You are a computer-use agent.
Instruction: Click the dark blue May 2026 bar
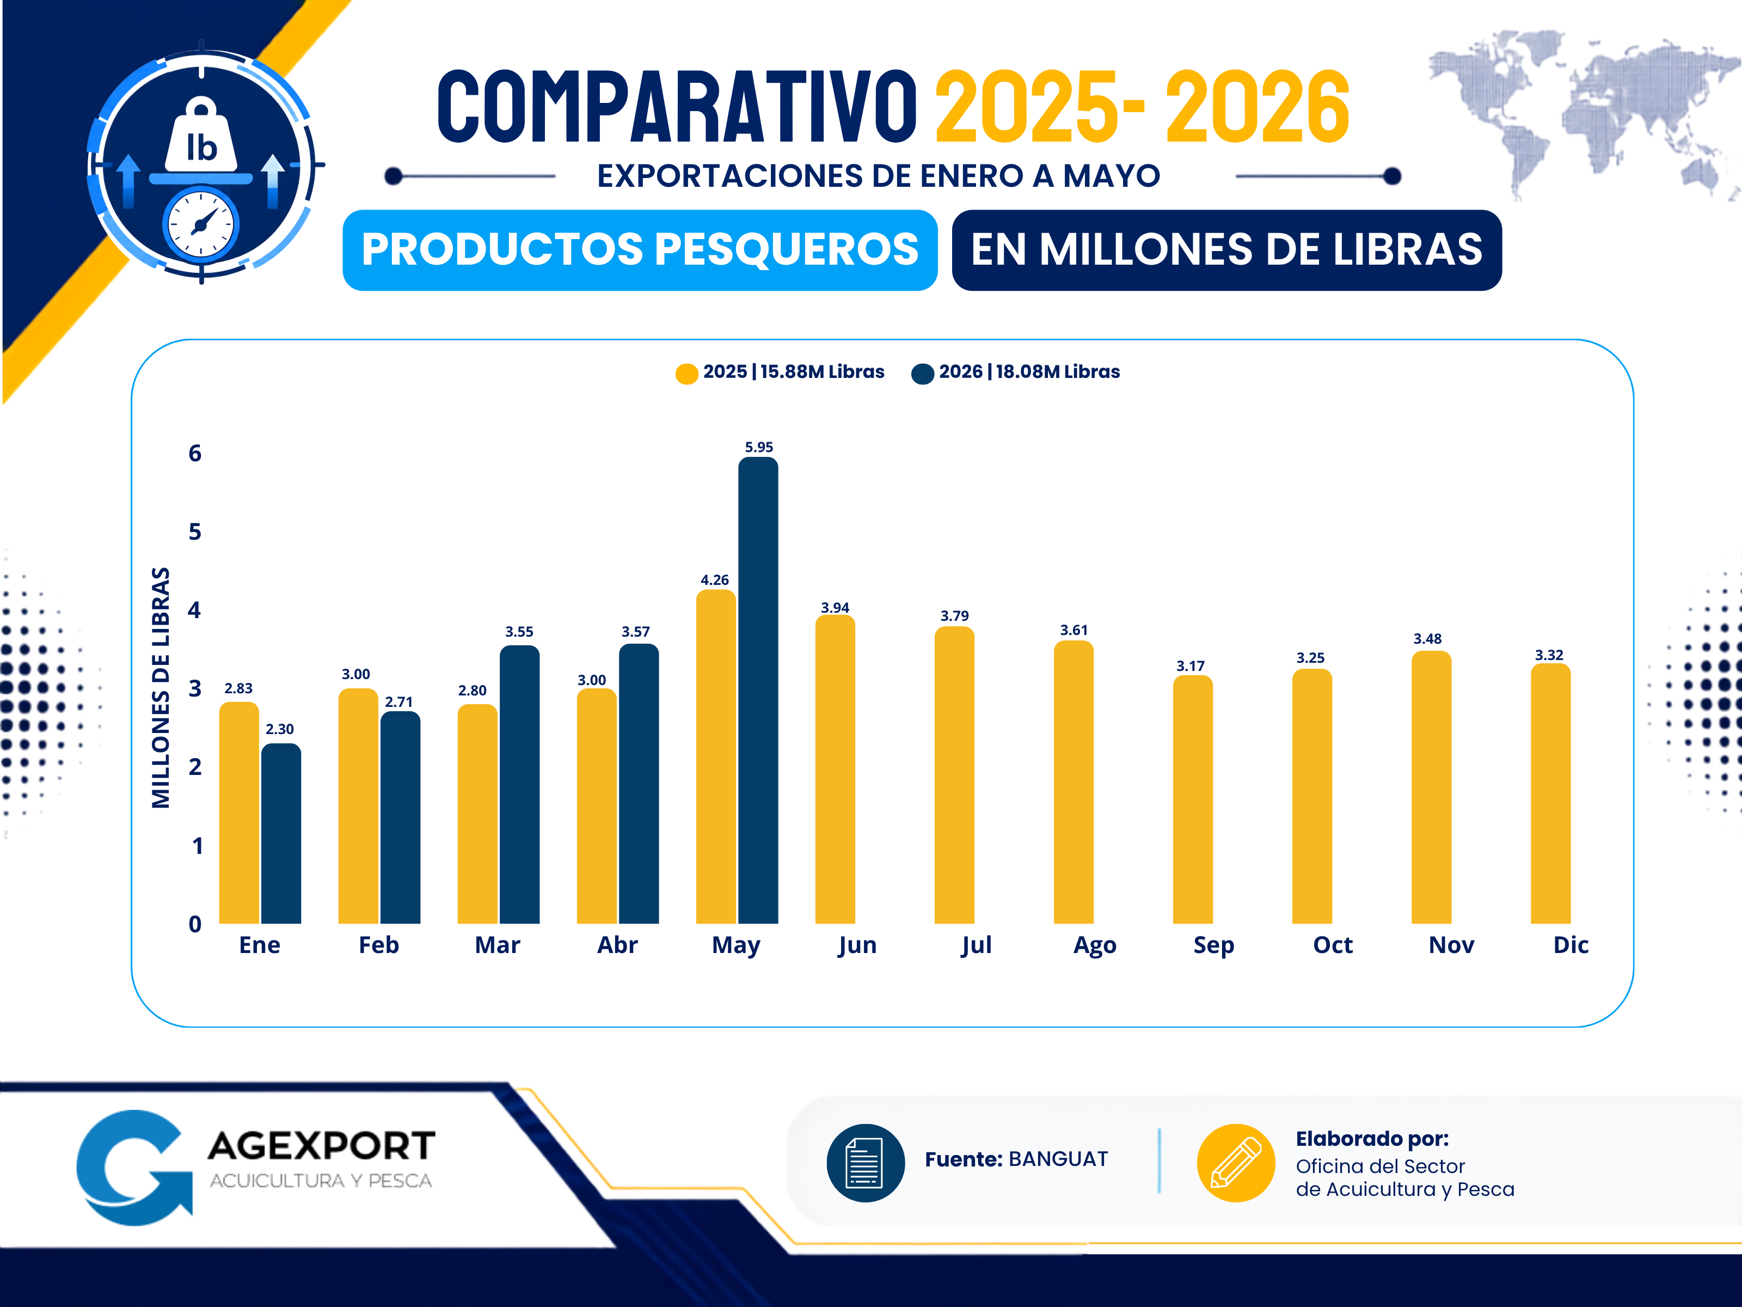(x=758, y=690)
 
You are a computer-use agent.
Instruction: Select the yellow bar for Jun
(x=835, y=769)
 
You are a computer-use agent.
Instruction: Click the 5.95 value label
(x=759, y=447)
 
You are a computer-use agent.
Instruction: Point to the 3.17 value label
(x=1191, y=665)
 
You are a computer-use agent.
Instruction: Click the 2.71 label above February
(x=398, y=701)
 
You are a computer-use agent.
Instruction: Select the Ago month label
(x=1095, y=945)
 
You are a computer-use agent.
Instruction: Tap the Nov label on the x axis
(x=1451, y=945)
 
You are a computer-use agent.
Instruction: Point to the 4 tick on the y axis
(x=194, y=610)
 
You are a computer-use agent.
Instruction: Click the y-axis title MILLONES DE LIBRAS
(x=161, y=688)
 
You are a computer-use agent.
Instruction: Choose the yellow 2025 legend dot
(x=686, y=374)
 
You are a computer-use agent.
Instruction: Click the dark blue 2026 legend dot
(x=922, y=374)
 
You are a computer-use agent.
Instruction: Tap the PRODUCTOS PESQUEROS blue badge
(x=640, y=250)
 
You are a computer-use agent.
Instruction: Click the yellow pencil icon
(x=1236, y=1163)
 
